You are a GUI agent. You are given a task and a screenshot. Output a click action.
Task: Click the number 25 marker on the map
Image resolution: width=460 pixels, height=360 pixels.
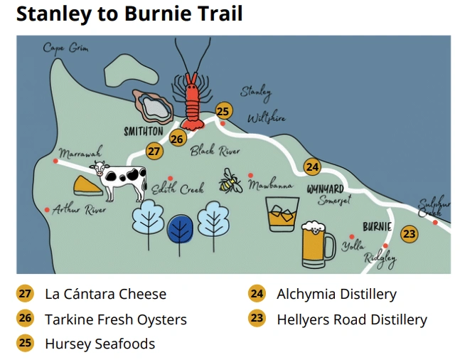(223, 111)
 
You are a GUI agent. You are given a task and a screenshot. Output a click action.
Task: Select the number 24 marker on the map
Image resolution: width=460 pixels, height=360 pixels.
(312, 166)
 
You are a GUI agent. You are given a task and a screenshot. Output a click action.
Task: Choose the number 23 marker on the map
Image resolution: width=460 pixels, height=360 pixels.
(409, 233)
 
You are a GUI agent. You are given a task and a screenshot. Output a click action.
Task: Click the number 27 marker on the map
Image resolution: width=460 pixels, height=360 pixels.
(154, 150)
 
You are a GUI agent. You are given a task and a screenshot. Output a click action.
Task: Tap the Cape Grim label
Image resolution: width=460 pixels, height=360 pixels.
(65, 48)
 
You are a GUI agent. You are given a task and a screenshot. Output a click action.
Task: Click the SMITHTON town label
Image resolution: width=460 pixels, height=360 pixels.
(143, 132)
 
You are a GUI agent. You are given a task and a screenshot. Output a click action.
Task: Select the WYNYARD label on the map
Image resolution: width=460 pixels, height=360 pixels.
(325, 189)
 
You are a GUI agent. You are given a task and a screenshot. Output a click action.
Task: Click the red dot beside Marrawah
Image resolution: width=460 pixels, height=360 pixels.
(55, 162)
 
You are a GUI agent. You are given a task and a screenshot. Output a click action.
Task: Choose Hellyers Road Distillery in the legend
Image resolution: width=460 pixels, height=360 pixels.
(351, 319)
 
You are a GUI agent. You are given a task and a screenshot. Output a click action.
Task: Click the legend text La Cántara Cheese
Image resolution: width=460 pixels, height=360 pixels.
(105, 294)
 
